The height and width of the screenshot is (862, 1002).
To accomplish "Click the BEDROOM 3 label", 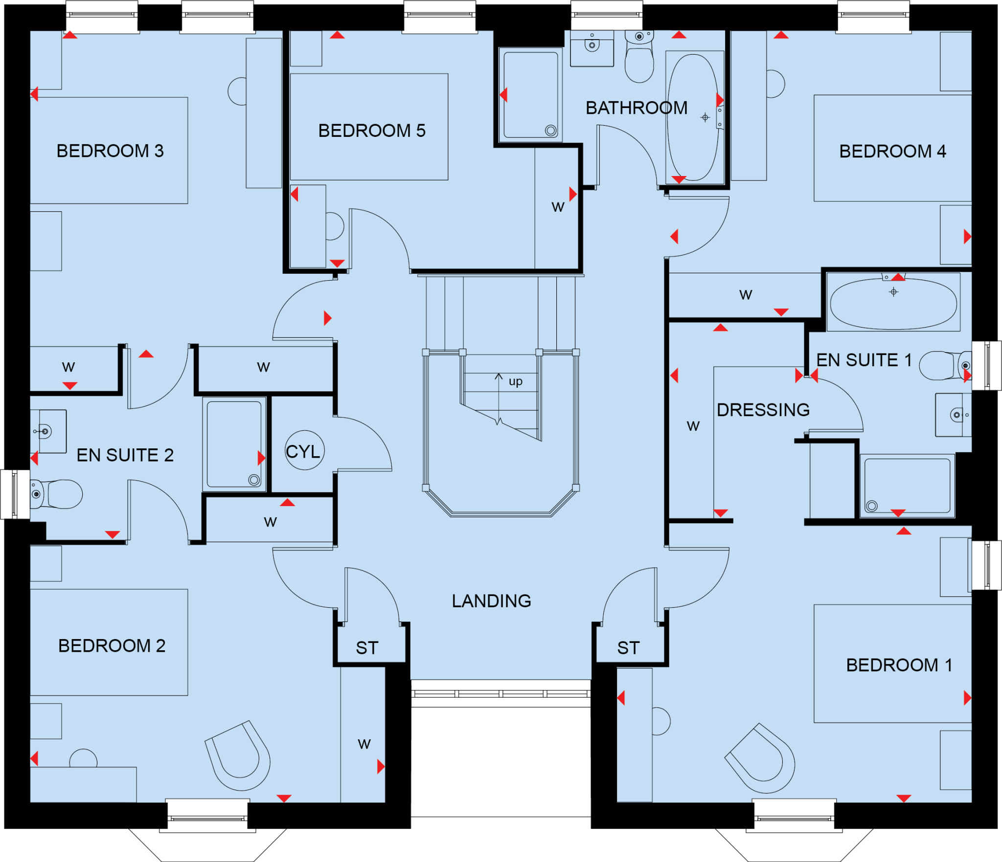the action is pyautogui.click(x=110, y=151).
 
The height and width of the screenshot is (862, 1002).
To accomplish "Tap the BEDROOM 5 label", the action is pyautogui.click(x=372, y=131).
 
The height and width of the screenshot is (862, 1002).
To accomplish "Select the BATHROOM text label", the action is pyautogui.click(x=637, y=108).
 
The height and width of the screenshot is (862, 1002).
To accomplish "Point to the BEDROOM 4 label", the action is pyautogui.click(x=892, y=151).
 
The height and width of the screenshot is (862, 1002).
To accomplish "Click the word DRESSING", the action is pyautogui.click(x=763, y=410).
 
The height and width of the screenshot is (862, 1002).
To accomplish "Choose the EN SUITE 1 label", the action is pyautogui.click(x=864, y=360).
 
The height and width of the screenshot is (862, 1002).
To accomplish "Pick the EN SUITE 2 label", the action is pyautogui.click(x=125, y=455).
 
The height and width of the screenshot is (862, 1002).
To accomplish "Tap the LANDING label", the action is pyautogui.click(x=491, y=601).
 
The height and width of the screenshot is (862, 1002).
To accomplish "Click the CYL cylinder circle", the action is pyautogui.click(x=305, y=450).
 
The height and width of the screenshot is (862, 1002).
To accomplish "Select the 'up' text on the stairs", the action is pyautogui.click(x=516, y=381).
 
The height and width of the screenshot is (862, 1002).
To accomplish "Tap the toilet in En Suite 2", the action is pyautogui.click(x=56, y=494).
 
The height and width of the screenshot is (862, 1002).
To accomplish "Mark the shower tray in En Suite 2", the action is pyautogui.click(x=234, y=444).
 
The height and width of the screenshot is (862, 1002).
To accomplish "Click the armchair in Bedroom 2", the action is pyautogui.click(x=238, y=755).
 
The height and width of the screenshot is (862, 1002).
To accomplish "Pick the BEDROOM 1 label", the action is pyautogui.click(x=899, y=665).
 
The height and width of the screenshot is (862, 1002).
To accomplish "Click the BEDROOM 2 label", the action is pyautogui.click(x=112, y=645).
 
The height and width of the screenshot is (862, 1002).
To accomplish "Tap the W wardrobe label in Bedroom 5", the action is pyautogui.click(x=558, y=207).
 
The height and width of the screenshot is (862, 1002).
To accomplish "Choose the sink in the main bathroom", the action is pyautogui.click(x=592, y=48).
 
